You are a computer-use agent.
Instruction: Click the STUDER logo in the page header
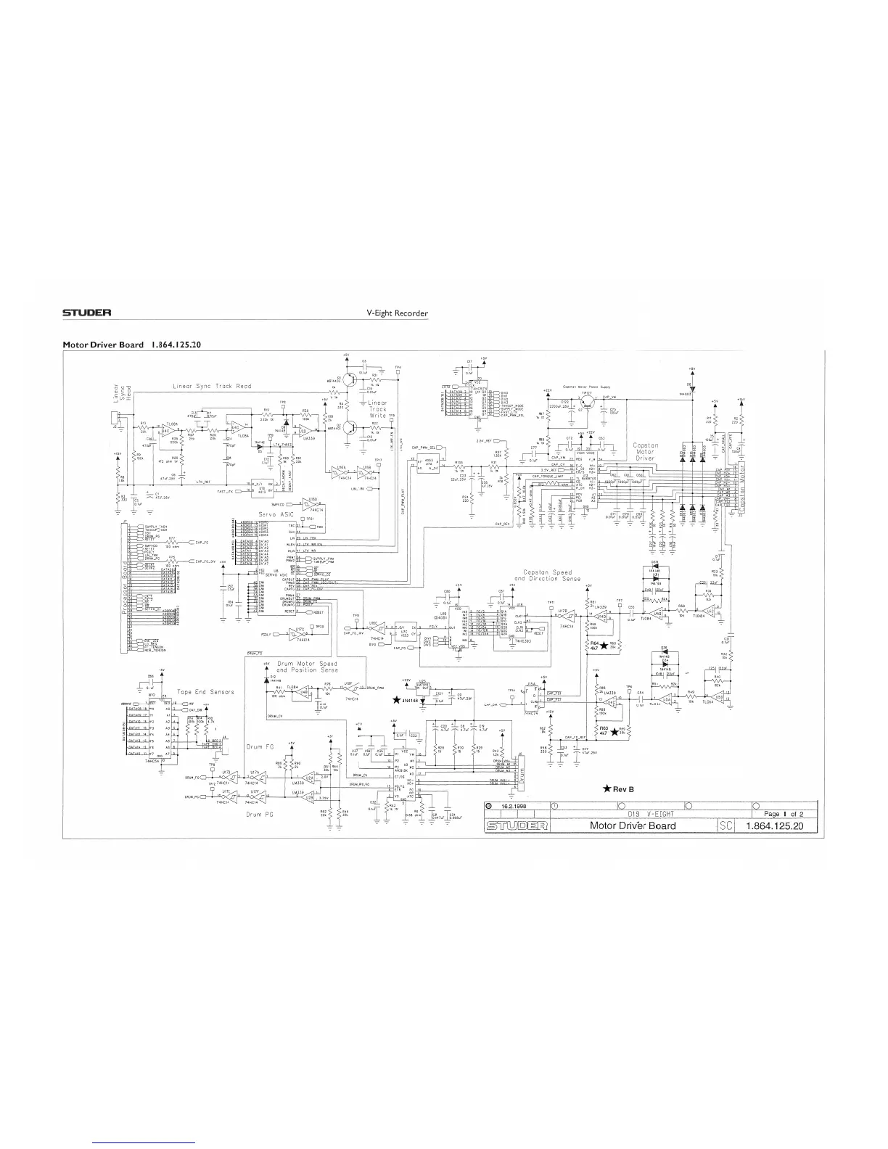[x=86, y=313]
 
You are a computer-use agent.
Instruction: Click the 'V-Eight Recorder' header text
[x=398, y=313]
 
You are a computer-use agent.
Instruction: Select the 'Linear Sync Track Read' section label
[x=212, y=386]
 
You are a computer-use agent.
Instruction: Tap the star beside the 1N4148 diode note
[x=395, y=700]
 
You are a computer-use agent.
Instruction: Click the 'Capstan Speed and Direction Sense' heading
[x=552, y=576]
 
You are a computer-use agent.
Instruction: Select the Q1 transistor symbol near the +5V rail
[x=349, y=377]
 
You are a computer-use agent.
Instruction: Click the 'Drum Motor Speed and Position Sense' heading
[x=307, y=667]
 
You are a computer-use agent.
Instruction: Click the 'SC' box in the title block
[x=726, y=825]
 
